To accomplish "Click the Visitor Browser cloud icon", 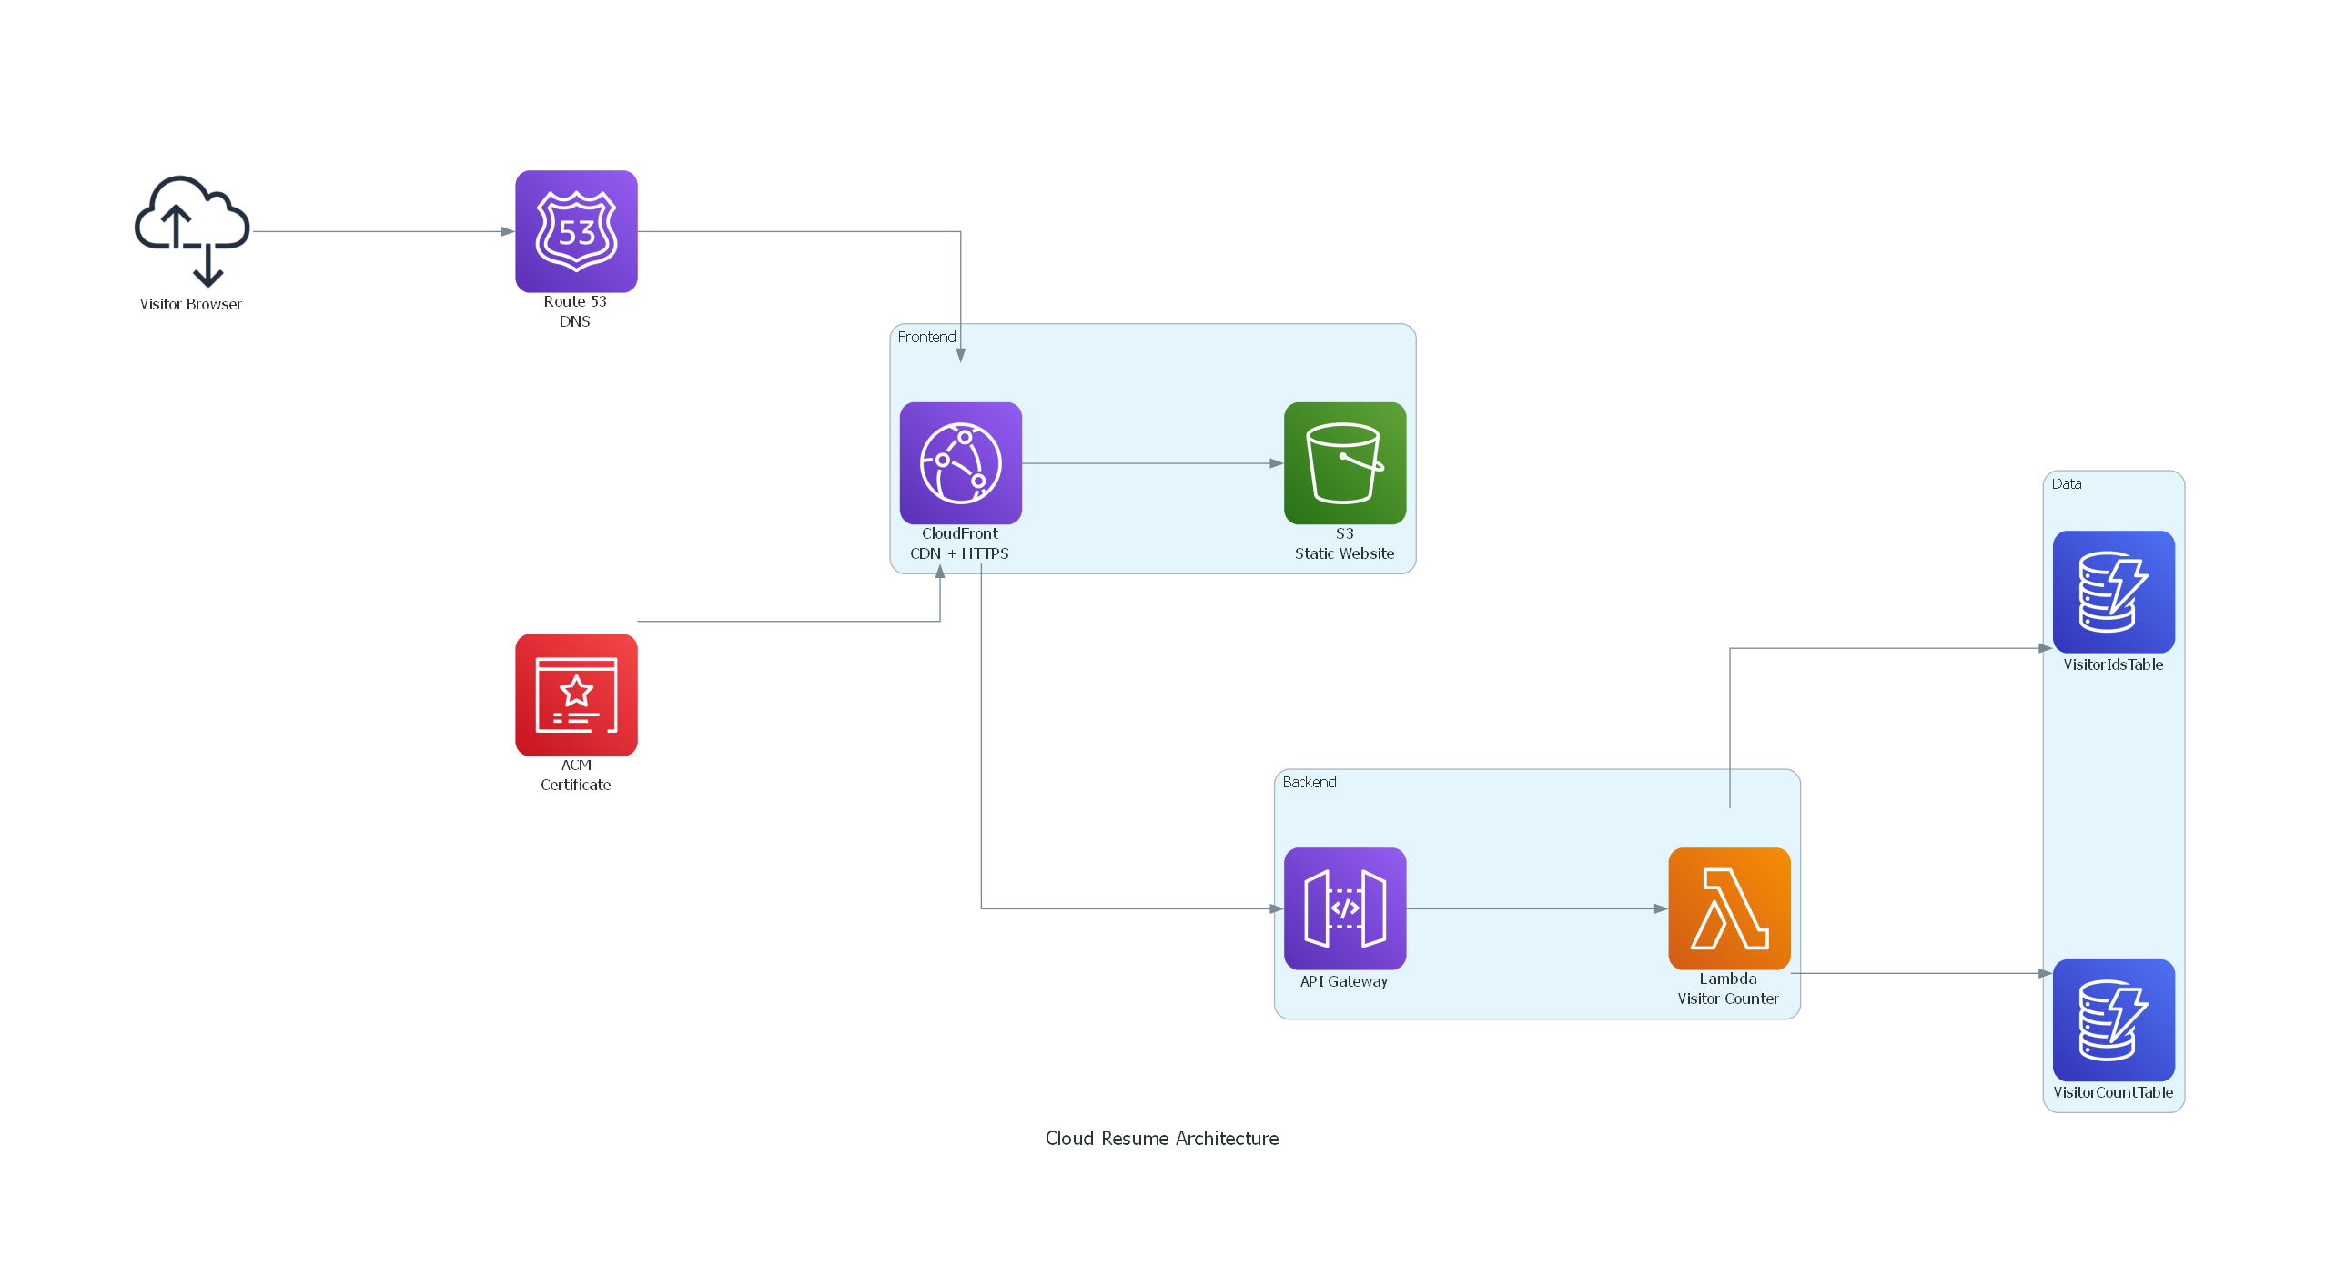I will pos(192,230).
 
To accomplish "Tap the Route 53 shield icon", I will pos(576,231).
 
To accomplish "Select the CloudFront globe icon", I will pos(960,463).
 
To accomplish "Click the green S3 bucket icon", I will pos(1344,463).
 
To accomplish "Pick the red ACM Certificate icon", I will pos(576,695).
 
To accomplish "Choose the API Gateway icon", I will pos(1344,908).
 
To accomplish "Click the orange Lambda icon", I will pos(1728,908).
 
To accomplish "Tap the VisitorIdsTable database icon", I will pos(2113,592).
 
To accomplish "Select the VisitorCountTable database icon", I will pos(2113,1019).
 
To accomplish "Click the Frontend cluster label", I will pos(926,337).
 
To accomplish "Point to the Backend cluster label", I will pos(1309,782).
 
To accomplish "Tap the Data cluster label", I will pos(2066,483).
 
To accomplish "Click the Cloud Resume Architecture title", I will pos(1161,1138).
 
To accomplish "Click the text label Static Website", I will pos(1344,553).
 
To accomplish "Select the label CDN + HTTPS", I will pos(959,553).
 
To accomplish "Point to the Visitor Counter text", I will pos(1727,999).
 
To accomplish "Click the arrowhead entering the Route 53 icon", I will pos(508,231).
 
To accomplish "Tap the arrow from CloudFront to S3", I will pos(1151,463).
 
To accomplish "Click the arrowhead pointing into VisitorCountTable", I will pos(2045,973).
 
